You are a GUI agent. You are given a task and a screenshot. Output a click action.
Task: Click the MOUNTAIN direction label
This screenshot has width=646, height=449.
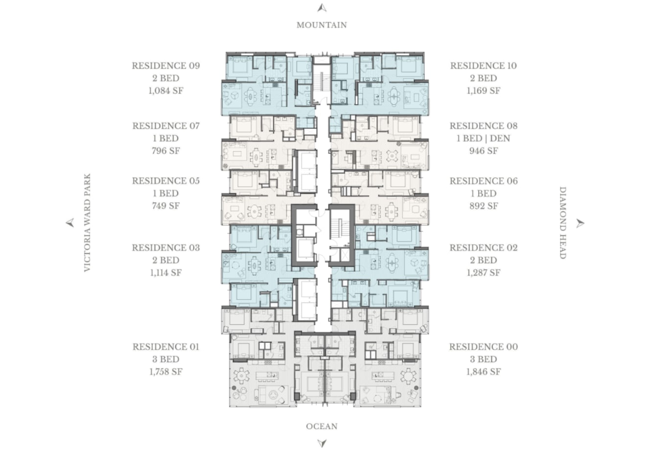click(x=322, y=25)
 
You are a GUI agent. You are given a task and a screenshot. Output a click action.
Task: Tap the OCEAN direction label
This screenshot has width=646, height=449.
click(x=322, y=426)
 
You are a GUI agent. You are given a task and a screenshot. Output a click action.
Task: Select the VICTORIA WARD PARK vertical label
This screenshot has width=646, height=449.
click(x=87, y=223)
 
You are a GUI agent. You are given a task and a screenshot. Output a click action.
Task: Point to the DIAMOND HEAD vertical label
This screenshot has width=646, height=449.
click(x=563, y=223)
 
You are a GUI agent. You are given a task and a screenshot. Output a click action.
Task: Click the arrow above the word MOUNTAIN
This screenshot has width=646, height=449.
click(x=322, y=8)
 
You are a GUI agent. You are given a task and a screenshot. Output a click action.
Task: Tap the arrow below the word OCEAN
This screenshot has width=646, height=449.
click(x=322, y=443)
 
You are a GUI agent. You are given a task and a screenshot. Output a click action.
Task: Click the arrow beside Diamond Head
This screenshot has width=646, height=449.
click(x=580, y=223)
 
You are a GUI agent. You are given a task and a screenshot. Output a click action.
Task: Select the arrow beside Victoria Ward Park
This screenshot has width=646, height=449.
click(x=70, y=223)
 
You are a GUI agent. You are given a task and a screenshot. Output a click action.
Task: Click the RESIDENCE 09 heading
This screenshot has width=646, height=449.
click(x=166, y=66)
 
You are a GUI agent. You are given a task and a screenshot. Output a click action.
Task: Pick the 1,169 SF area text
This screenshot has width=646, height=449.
click(x=484, y=91)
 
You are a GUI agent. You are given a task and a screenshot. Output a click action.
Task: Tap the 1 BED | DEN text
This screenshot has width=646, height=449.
click(x=484, y=138)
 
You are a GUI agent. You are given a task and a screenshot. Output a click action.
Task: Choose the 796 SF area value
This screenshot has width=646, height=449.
click(x=166, y=151)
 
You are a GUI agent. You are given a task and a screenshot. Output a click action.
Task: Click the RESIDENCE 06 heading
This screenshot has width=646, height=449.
click(x=484, y=181)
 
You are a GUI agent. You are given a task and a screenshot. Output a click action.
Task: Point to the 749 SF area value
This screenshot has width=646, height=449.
click(x=166, y=206)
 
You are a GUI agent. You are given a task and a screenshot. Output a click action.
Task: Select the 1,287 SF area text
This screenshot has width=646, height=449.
click(x=484, y=272)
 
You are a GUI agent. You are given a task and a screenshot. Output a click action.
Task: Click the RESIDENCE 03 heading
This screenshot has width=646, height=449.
click(x=166, y=248)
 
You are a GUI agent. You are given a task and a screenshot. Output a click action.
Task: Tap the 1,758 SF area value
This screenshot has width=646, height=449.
click(x=166, y=372)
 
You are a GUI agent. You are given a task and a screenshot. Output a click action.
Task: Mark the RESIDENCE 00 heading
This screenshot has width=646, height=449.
click(x=484, y=347)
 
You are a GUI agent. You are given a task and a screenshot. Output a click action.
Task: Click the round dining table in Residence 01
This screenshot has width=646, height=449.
click(x=241, y=376)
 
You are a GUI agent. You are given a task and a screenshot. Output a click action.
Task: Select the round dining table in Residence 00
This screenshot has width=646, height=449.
click(x=408, y=376)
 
